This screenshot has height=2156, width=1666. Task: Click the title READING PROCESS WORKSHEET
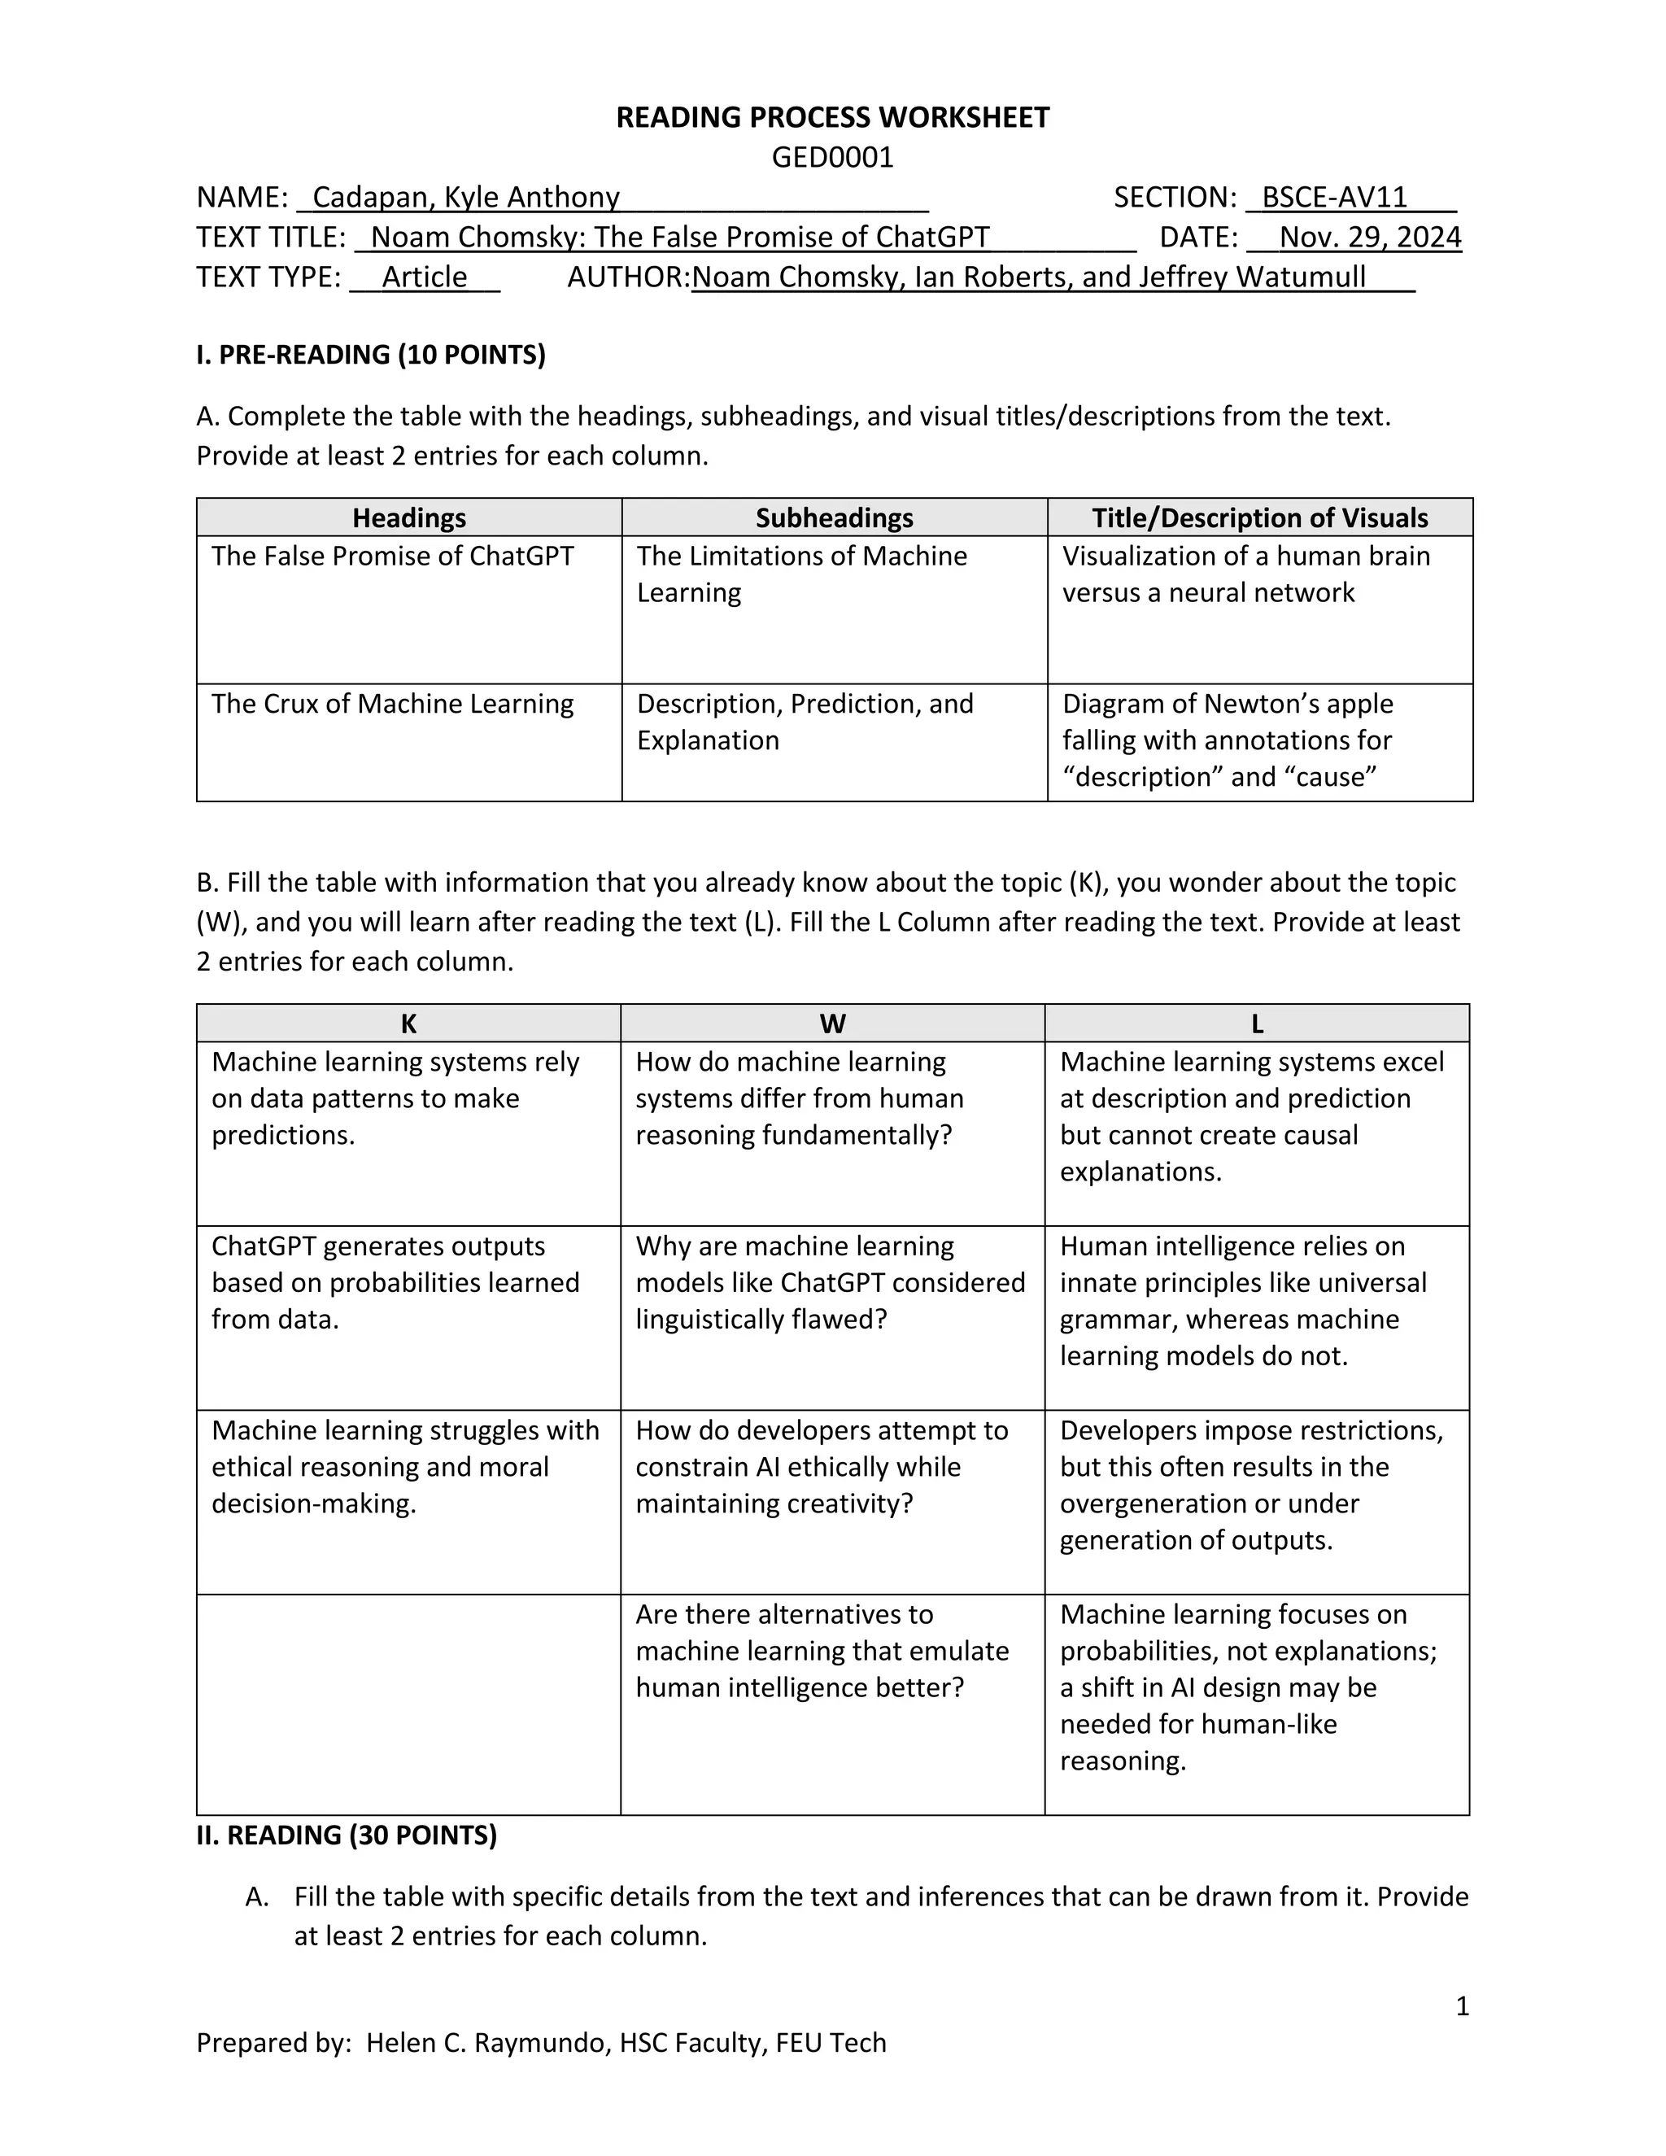tap(832, 117)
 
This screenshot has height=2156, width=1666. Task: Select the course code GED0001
tap(832, 157)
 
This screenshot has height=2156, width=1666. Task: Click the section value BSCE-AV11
tap(1333, 198)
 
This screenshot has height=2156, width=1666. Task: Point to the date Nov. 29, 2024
tap(1369, 237)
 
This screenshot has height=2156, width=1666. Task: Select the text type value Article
tap(425, 277)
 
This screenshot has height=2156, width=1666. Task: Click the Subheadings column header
tap(834, 517)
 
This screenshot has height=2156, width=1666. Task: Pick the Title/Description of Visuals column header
tap(1259, 517)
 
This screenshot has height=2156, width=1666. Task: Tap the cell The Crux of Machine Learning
tap(392, 704)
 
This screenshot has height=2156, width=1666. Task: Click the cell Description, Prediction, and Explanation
tap(805, 722)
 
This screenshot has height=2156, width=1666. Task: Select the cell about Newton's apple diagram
tap(1227, 740)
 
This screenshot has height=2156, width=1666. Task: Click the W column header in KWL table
tap(832, 1023)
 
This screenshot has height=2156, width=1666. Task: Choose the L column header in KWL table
tap(1256, 1023)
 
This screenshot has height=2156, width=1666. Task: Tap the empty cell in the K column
tap(408, 1703)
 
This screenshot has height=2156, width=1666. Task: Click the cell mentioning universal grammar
tap(1243, 1301)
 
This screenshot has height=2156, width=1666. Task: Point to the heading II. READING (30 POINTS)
tap(347, 1835)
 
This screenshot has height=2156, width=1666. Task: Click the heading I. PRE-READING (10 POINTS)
tap(370, 355)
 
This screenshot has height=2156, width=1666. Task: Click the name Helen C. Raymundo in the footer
tap(485, 2042)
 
